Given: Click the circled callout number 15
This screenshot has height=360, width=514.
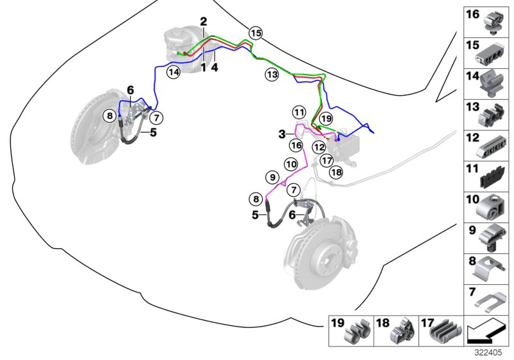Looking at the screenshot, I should (x=256, y=33).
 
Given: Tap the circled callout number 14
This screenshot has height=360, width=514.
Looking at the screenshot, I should (x=173, y=72).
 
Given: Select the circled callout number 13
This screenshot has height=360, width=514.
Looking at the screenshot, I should (x=272, y=75).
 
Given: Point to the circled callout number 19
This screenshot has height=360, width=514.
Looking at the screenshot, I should (x=326, y=118).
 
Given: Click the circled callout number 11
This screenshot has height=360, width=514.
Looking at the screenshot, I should (x=298, y=112).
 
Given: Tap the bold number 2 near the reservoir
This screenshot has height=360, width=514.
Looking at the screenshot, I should (x=203, y=22).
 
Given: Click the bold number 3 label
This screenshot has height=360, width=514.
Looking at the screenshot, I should (x=281, y=134).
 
